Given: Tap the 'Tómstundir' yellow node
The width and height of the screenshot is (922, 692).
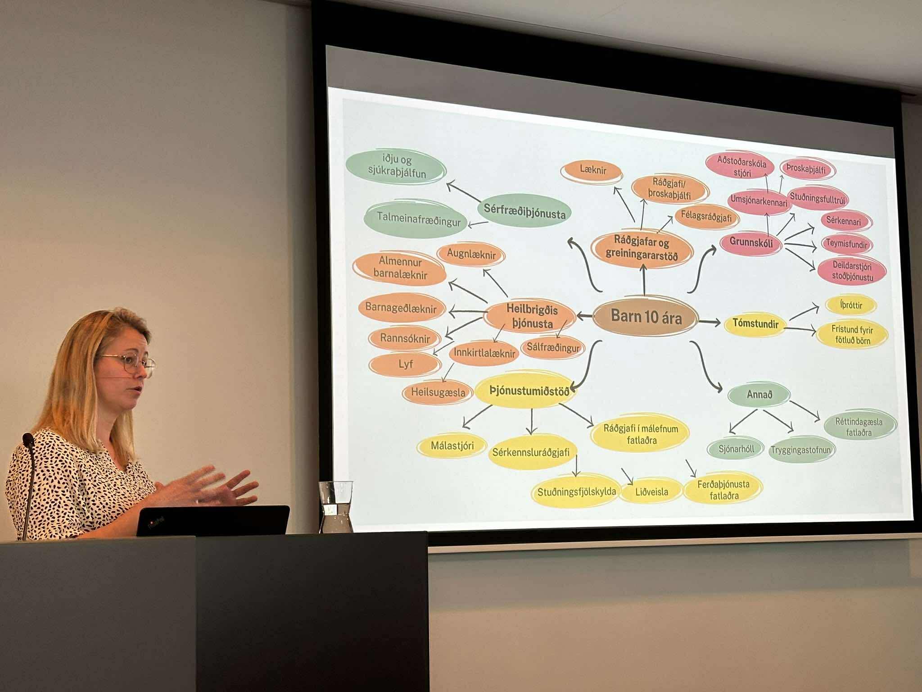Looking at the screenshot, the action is pyautogui.click(x=755, y=323).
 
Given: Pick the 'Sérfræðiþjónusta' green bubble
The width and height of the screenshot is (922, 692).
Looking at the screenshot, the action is pyautogui.click(x=524, y=211).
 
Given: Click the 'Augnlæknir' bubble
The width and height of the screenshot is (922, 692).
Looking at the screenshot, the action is pyautogui.click(x=471, y=255).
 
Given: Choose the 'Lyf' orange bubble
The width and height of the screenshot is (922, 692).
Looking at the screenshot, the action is pyautogui.click(x=405, y=364).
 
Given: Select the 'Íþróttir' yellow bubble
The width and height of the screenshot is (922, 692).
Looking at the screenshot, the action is pyautogui.click(x=851, y=305).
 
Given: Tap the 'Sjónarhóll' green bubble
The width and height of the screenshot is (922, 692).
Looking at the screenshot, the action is pyautogui.click(x=736, y=448).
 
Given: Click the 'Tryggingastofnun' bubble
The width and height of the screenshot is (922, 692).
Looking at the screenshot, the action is pyautogui.click(x=801, y=450).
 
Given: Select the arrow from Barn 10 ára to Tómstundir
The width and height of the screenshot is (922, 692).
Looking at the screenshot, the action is pyautogui.click(x=710, y=322).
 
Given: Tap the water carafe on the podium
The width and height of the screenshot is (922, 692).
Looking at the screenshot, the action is pyautogui.click(x=335, y=507).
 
